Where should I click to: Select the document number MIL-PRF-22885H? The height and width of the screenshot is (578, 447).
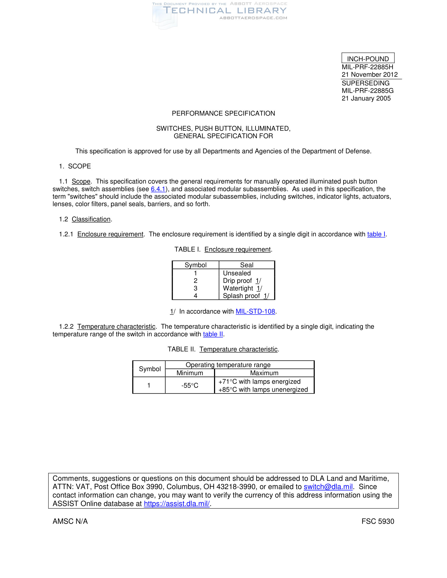[367, 67]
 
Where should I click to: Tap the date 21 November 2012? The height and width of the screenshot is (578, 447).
[369, 75]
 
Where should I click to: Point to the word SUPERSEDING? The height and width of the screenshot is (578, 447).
[365, 83]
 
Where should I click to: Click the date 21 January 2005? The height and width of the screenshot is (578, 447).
[366, 99]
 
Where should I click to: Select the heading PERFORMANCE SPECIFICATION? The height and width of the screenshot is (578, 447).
[223, 113]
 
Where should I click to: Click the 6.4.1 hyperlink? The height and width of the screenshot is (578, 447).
[158, 189]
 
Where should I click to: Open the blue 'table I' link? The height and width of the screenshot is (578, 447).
[376, 234]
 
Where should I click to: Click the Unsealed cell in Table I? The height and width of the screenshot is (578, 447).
[237, 273]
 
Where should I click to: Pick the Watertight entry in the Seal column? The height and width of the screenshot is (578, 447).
[238, 288]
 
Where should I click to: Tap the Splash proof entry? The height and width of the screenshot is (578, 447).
[241, 296]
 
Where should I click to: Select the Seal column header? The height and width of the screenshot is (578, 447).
[247, 265]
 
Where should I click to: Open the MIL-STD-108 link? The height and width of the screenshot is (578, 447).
[255, 312]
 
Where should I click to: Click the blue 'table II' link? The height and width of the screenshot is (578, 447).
[213, 334]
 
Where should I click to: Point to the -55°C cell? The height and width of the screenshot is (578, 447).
[190, 385]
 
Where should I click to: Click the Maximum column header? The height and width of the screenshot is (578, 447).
[264, 373]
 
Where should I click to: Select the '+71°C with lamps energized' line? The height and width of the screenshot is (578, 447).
[259, 381]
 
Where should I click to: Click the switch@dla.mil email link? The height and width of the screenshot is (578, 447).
[328, 487]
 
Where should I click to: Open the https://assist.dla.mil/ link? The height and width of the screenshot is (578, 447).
[177, 504]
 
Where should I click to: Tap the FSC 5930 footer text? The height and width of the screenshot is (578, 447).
[378, 521]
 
